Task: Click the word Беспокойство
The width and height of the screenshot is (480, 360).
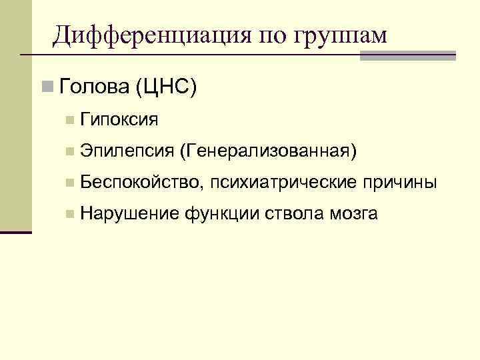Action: pyautogui.click(x=139, y=183)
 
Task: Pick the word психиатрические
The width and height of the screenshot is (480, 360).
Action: pyautogui.click(x=285, y=183)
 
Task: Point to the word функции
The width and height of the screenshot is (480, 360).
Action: pyautogui.click(x=222, y=213)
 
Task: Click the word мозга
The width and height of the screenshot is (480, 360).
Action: pyautogui.click(x=353, y=213)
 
